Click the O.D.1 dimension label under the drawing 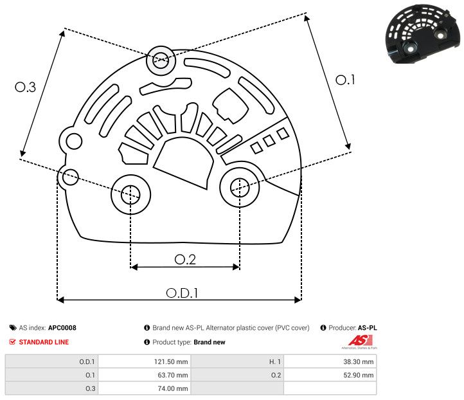(182, 292)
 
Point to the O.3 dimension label (25, 87)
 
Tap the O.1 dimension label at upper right (345, 80)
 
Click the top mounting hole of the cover (159, 62)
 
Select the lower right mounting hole (239, 187)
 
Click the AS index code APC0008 (62, 328)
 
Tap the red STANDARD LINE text (44, 342)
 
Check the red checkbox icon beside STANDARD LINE (13, 342)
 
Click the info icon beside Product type (147, 342)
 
